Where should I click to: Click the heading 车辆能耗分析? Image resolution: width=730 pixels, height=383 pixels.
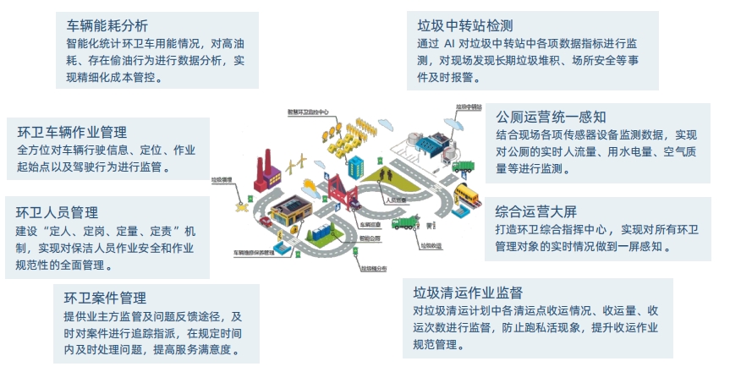pos(107,25)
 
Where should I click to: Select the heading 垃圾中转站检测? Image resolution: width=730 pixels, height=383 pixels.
pos(465,25)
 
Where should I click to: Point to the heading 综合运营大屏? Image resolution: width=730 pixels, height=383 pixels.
pos(536,211)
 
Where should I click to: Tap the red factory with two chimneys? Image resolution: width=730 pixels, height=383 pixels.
pos(270,174)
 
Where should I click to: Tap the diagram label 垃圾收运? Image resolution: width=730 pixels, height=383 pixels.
pos(431,245)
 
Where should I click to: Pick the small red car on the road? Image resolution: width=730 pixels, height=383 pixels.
pos(266,222)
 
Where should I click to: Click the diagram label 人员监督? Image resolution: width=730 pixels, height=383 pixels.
pos(395,200)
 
